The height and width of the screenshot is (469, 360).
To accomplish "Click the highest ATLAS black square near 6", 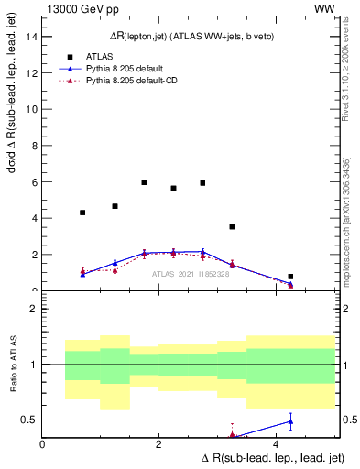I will [x=144, y=182].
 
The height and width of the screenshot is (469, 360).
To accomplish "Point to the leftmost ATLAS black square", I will [x=82, y=213].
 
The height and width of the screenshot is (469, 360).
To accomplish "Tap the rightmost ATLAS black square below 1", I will [x=290, y=276].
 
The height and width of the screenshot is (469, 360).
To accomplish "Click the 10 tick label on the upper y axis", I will [x=32, y=109].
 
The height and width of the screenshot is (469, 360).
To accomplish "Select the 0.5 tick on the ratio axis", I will [x=30, y=420].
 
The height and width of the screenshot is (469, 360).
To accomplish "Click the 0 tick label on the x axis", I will [x=42, y=444].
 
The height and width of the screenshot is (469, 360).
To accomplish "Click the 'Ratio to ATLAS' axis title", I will [x=13, y=365].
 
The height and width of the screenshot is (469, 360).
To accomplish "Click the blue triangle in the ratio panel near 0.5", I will [x=290, y=421].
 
